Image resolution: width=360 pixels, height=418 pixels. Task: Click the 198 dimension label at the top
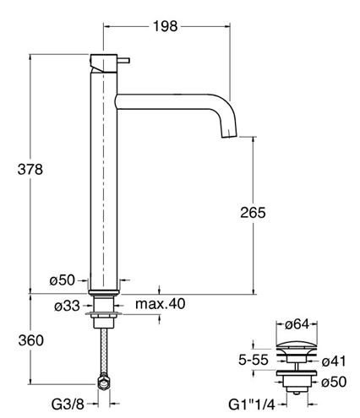[x=166, y=26]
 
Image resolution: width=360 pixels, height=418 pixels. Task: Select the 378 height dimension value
[x=30, y=170]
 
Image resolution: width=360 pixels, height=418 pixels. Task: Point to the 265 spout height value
[x=253, y=213]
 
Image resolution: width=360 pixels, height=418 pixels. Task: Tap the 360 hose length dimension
[x=31, y=340]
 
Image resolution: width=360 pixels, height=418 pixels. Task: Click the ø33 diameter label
[x=67, y=306]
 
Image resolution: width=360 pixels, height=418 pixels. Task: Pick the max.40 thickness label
[x=161, y=304]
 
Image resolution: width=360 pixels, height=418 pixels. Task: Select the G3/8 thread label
[x=68, y=404]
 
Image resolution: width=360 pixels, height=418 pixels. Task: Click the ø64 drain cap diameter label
[x=297, y=324]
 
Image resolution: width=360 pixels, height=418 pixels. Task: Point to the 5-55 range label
[x=254, y=360]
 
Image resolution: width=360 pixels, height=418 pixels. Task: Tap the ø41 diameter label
[x=334, y=361]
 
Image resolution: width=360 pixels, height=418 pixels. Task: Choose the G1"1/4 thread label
[x=252, y=405]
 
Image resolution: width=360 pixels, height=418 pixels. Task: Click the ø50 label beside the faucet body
[x=63, y=280]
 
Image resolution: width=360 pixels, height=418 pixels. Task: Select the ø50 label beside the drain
[x=334, y=382]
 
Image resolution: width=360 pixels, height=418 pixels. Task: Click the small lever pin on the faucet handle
[x=123, y=61]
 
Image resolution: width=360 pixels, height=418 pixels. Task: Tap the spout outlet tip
[x=229, y=136]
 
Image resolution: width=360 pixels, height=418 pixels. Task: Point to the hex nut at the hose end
[x=104, y=383]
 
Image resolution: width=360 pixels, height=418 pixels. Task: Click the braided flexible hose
[x=104, y=351]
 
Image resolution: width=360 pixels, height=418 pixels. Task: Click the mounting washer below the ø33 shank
[x=104, y=313]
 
